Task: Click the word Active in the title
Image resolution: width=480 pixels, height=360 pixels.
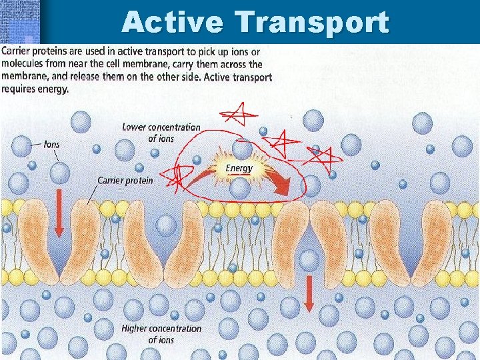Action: pos(173,22)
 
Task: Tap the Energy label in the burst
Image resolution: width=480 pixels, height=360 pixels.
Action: pos(239,168)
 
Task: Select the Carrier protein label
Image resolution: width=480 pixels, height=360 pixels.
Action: pos(125,180)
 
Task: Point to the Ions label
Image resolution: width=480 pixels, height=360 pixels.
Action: pos(51,144)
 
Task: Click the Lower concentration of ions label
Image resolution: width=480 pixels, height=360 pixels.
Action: pos(161,133)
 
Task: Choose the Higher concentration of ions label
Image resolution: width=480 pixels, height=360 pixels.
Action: pos(161,334)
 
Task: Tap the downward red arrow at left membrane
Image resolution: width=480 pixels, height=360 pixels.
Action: pos(59,213)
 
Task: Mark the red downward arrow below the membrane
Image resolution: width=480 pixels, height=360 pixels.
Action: pos(309,293)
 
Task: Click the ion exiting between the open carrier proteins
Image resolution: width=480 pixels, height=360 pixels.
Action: pos(308,259)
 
